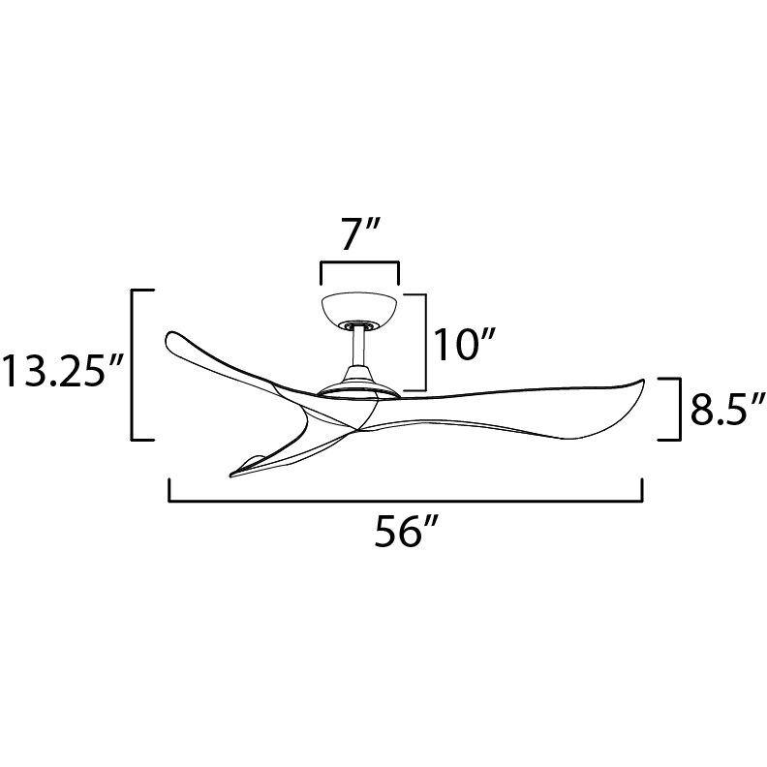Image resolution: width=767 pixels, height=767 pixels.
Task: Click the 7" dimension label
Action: tap(360, 235)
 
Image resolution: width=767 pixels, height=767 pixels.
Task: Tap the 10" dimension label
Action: tap(465, 345)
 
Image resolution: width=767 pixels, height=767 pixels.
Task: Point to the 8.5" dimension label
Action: tap(727, 410)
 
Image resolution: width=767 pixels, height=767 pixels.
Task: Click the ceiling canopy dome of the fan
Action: tap(360, 308)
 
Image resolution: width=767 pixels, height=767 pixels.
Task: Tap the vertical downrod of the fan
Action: tap(359, 347)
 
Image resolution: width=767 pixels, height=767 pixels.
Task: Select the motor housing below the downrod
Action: tap(359, 382)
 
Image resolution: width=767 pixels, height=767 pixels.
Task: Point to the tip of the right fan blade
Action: tap(641, 380)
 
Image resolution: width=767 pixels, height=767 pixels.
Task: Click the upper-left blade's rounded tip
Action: tap(169, 339)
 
